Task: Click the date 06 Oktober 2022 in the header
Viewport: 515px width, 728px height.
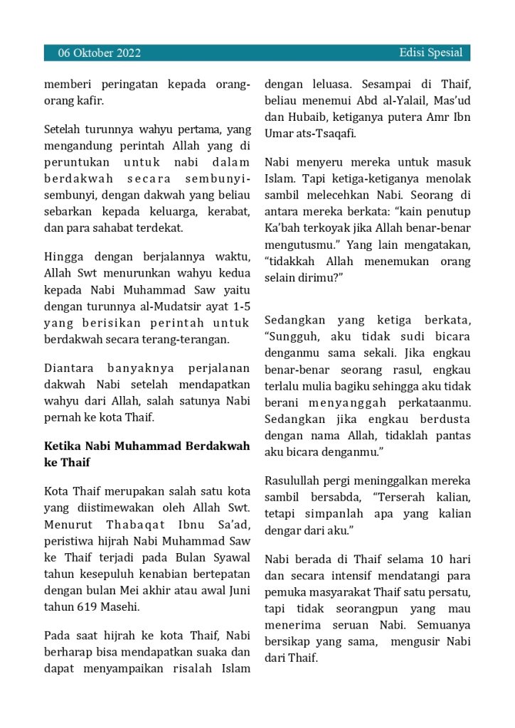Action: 99,53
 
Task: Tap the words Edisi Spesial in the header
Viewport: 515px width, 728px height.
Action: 430,53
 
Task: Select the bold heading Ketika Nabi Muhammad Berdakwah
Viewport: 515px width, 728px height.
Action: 147,446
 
